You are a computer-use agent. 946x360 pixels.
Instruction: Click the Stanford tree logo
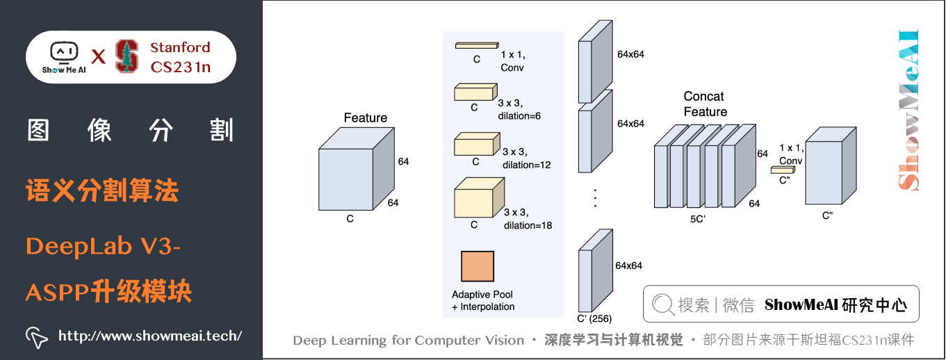pyautogui.click(x=127, y=56)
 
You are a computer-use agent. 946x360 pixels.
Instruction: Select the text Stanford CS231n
pyautogui.click(x=180, y=57)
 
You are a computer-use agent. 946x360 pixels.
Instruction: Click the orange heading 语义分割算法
pyautogui.click(x=102, y=190)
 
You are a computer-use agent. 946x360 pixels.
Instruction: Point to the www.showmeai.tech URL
pyautogui.click(x=150, y=336)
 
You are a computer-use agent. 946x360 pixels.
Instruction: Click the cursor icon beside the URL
pyautogui.click(x=37, y=336)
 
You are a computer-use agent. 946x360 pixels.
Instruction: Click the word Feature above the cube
pyautogui.click(x=365, y=118)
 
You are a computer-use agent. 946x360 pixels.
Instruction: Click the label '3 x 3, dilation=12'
pyautogui.click(x=526, y=158)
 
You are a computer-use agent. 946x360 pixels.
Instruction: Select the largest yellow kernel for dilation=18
pyautogui.click(x=478, y=198)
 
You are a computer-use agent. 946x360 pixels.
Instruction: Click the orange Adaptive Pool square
pyautogui.click(x=477, y=266)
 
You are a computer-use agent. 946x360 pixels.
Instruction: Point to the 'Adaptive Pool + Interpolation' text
pyautogui.click(x=483, y=301)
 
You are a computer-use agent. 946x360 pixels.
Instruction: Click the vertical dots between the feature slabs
pyautogui.click(x=595, y=198)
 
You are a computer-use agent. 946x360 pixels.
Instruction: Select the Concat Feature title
pyautogui.click(x=705, y=104)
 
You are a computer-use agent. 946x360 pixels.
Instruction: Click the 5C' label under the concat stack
pyautogui.click(x=699, y=218)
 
